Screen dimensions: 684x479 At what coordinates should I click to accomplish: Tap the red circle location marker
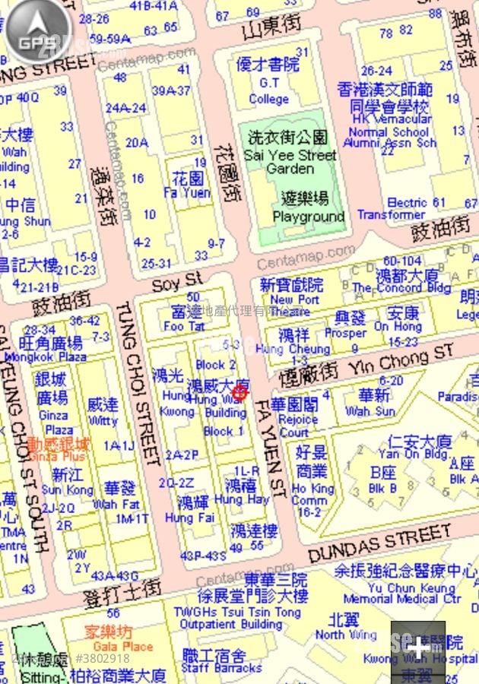239,392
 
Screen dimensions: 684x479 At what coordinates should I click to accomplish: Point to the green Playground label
309,217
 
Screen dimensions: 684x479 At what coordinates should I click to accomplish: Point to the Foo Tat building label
184,326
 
